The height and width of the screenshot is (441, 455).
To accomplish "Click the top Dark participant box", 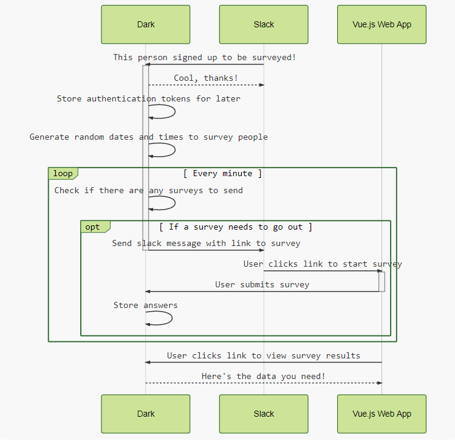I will [146, 25].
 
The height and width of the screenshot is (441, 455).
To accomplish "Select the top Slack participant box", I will [264, 25].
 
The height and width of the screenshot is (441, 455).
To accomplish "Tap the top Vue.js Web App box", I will [381, 25].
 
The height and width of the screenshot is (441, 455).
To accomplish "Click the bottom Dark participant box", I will [146, 414].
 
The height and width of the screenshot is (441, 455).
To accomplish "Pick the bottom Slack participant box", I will [264, 414].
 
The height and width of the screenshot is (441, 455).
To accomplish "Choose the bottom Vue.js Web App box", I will [381, 414].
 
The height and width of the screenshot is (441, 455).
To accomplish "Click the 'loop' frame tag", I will [63, 174].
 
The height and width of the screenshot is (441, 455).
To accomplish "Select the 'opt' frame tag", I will [93, 227].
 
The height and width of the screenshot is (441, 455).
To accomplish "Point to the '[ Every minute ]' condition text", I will [222, 174].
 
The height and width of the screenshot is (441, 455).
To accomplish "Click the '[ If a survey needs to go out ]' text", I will [236, 227].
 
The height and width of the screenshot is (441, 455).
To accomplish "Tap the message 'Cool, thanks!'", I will [206, 78].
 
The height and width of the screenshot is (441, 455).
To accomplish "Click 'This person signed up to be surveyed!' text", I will [204, 57].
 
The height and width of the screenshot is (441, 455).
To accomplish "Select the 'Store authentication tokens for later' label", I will [148, 98].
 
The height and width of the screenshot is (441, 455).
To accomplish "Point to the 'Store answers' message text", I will [145, 305].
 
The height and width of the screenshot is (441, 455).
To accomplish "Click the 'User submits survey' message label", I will [262, 284].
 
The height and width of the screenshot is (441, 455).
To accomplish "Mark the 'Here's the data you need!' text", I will [263, 376].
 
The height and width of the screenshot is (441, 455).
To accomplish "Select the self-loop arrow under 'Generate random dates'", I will [174, 150].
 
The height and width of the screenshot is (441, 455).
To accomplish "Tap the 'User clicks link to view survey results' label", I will [263, 355].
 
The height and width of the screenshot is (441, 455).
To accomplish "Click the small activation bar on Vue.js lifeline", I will [381, 281].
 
